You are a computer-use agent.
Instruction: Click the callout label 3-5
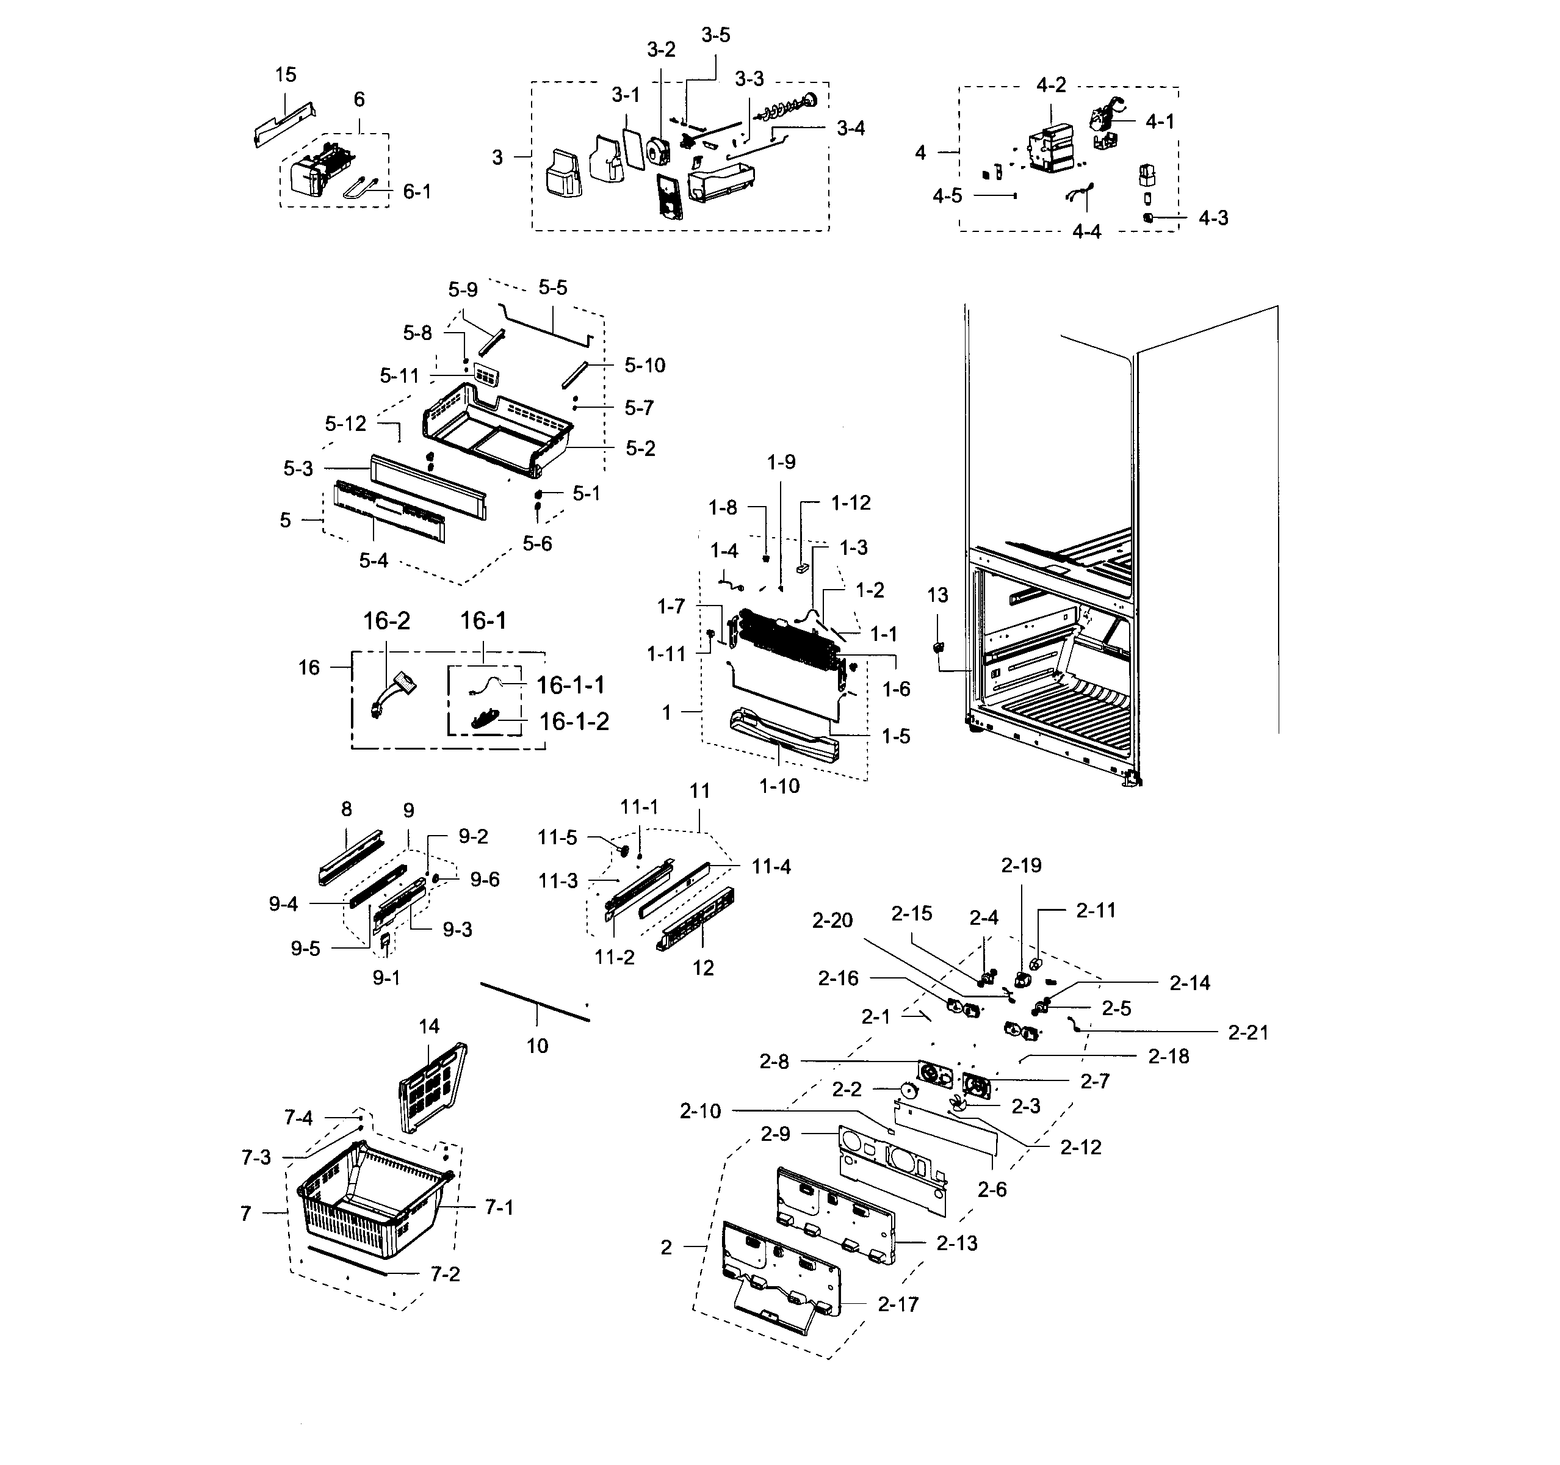pyautogui.click(x=715, y=35)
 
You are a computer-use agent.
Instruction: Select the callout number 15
pyautogui.click(x=286, y=74)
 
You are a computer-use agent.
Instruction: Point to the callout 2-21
pyautogui.click(x=1248, y=1033)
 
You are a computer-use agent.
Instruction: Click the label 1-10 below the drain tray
pyautogui.click(x=779, y=786)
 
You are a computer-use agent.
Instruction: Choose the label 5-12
pyautogui.click(x=345, y=424)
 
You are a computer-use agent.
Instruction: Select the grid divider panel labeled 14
pyautogui.click(x=432, y=1087)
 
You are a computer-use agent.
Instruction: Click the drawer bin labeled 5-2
pyautogui.click(x=494, y=432)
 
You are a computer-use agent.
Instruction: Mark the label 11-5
pyautogui.click(x=557, y=838)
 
